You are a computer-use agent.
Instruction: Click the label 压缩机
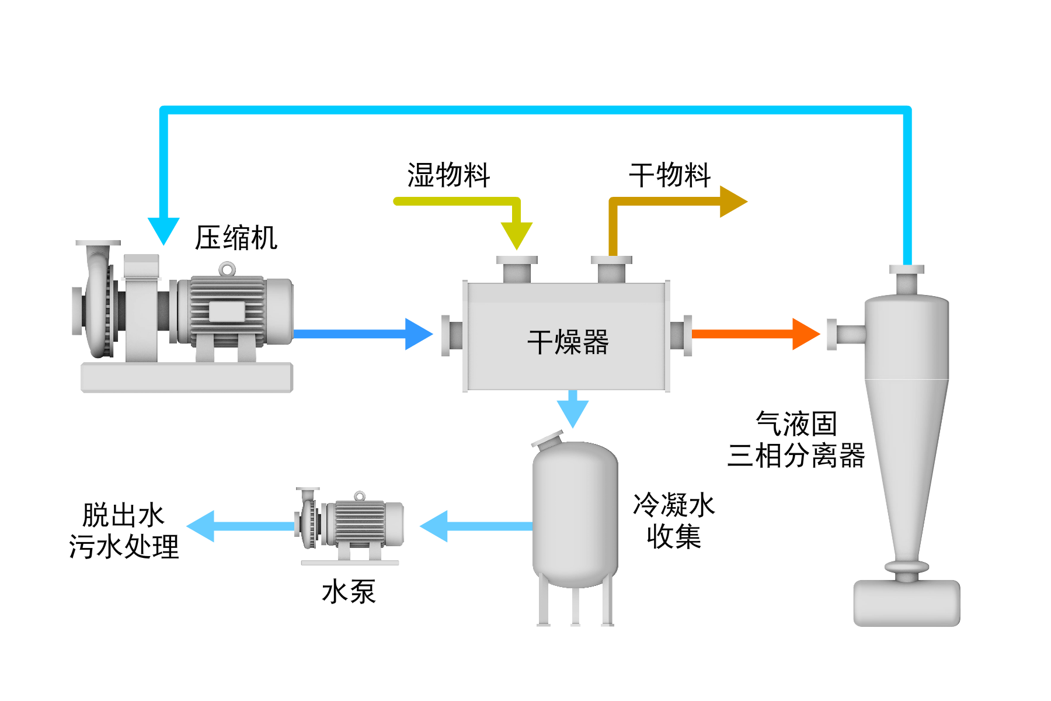pos(236,238)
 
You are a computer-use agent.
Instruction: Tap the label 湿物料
pos(448,175)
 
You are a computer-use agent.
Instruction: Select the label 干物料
pos(670,175)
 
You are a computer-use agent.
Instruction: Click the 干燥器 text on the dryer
pos(568,342)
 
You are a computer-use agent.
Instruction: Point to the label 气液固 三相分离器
pos(796,439)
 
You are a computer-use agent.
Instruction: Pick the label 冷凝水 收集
pos(674,520)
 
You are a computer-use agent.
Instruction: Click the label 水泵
pos(349,592)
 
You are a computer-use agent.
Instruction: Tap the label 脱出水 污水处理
pos(123,531)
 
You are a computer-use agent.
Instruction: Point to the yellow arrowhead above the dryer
pos(517,235)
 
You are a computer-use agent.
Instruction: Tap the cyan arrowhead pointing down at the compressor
pos(163,230)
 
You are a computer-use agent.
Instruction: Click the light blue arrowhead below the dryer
pos(573,412)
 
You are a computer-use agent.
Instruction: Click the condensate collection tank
pos(575,514)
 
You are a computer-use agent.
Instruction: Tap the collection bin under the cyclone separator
pos(906,603)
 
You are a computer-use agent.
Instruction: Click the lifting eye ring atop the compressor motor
pos(227,269)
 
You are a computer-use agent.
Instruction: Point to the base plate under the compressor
pos(186,377)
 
